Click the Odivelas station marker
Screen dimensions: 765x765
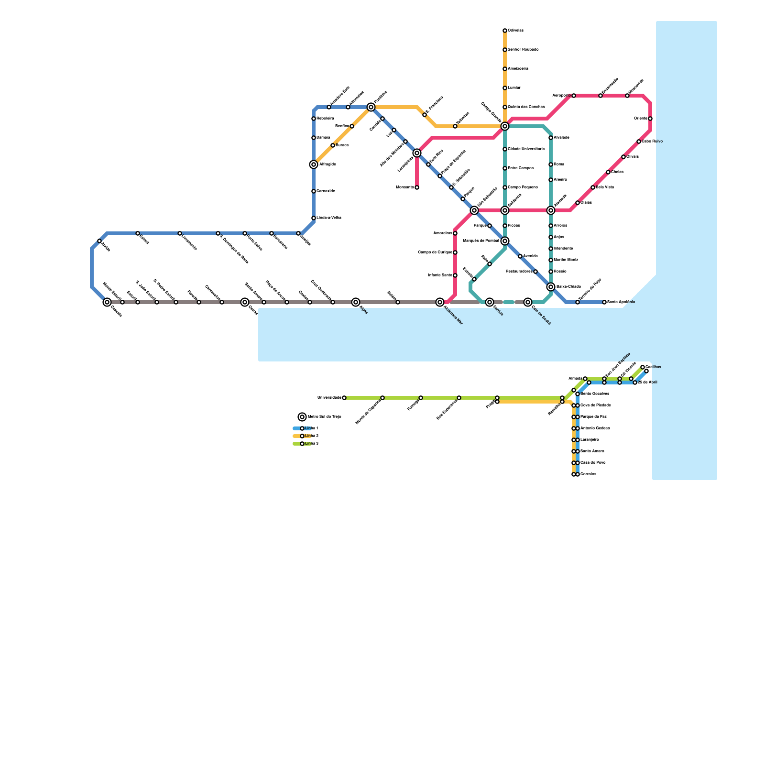point(505,31)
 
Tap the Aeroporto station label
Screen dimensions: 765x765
point(561,96)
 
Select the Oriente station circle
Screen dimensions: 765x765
point(650,119)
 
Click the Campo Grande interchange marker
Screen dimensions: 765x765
point(505,126)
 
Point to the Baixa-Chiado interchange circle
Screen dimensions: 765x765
point(551,287)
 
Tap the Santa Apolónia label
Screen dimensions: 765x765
point(621,302)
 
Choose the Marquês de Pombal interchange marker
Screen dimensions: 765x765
point(505,241)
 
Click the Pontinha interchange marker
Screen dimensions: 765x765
point(371,107)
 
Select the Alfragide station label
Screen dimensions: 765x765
point(328,164)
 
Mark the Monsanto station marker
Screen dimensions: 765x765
point(417,187)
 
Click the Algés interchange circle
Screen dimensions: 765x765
point(356,302)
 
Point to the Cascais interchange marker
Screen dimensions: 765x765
point(107,302)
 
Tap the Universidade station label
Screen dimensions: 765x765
point(329,398)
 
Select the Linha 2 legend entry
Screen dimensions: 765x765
point(311,436)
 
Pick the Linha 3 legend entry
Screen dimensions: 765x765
point(311,444)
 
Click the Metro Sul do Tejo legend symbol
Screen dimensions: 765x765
point(302,417)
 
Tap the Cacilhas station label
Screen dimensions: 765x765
point(653,367)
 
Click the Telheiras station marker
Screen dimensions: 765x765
point(455,126)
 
